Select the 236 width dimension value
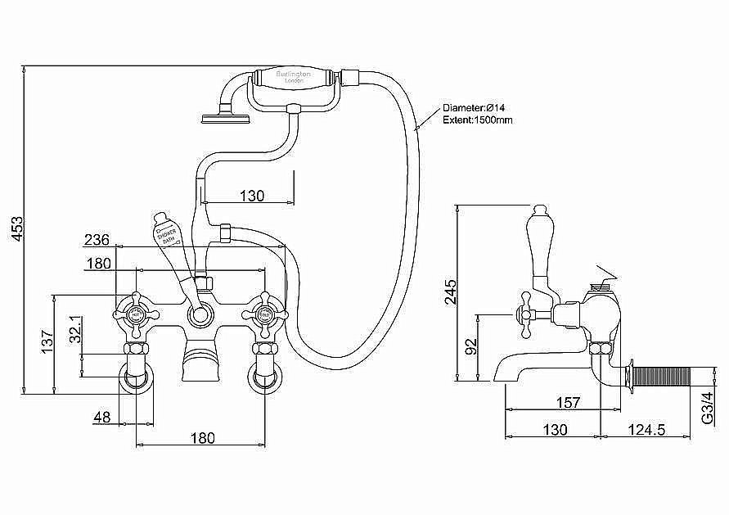(x=97, y=239)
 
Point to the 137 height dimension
(x=47, y=339)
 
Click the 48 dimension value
(x=101, y=417)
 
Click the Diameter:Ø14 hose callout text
(x=478, y=107)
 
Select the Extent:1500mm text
(x=478, y=120)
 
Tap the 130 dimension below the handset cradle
(x=252, y=196)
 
